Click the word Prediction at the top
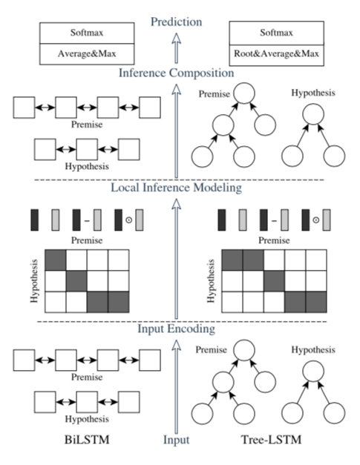coord(177,22)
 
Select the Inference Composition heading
coord(177,73)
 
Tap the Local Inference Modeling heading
coord(177,188)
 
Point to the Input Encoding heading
coord(177,329)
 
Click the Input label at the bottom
coord(177,440)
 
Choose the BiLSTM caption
coord(87,439)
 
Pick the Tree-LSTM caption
coord(271,439)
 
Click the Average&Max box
coord(87,54)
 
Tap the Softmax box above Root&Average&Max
coord(277,33)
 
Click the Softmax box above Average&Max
coord(87,33)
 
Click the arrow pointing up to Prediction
coord(177,47)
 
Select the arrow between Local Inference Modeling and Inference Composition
coord(177,131)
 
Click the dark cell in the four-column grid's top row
coord(56,260)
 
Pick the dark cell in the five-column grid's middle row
coord(274,281)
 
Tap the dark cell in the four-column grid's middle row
coord(76,281)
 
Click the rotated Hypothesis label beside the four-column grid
coord(34,281)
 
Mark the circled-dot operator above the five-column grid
coord(316,220)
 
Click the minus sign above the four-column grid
coord(87,220)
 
